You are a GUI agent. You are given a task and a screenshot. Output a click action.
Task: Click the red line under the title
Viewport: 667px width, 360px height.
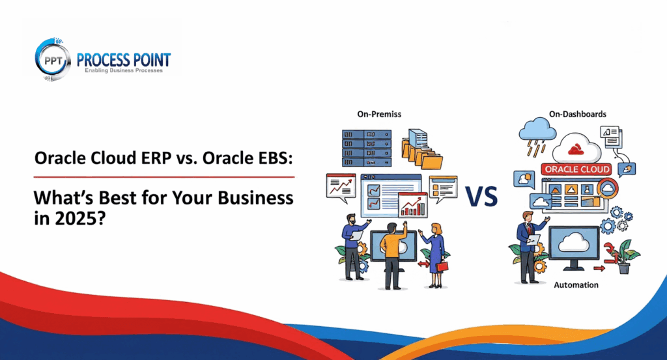163,176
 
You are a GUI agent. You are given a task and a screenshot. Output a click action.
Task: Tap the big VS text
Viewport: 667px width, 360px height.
482,195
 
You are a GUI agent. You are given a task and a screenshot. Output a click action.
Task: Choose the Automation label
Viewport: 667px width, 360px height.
576,285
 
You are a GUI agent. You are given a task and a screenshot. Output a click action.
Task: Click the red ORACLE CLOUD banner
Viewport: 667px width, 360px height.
576,169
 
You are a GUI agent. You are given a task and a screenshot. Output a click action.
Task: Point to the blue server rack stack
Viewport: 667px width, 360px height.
367,146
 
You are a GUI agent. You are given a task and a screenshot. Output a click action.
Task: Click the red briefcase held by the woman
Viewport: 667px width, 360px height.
442,266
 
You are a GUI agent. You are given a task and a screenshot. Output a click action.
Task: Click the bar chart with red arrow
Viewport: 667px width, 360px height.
413,206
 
